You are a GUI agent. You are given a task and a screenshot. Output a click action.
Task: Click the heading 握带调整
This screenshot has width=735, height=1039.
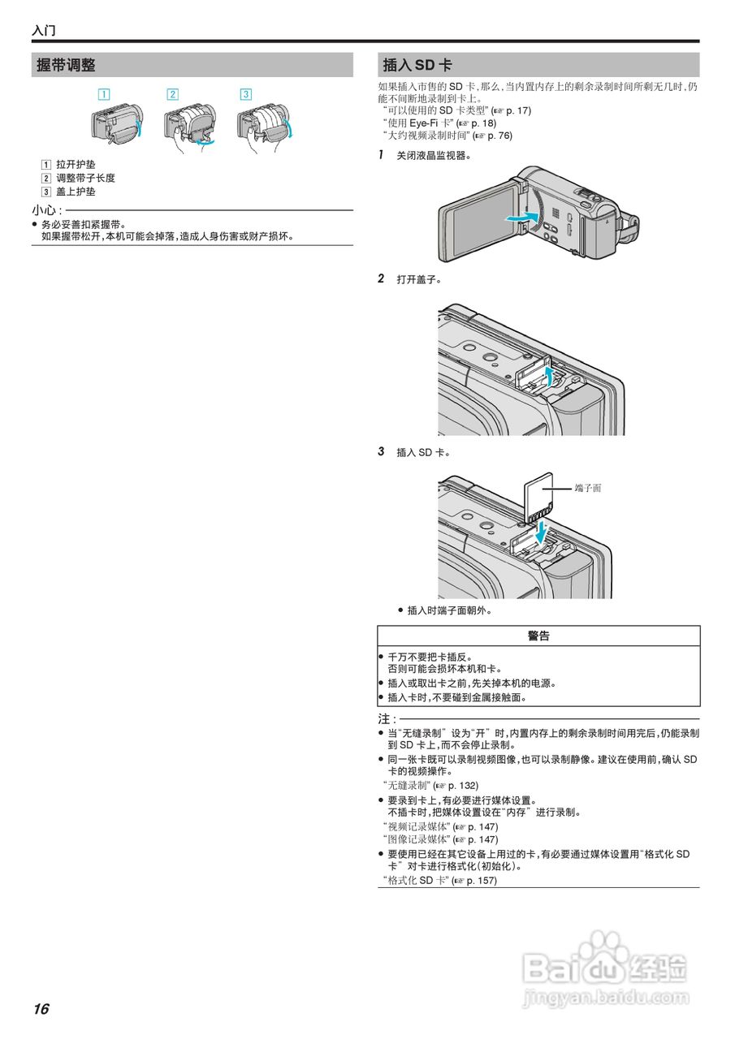point(66,65)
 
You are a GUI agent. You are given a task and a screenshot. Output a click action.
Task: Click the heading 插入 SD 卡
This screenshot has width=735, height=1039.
point(417,65)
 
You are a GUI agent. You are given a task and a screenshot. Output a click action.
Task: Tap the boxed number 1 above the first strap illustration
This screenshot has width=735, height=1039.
point(104,93)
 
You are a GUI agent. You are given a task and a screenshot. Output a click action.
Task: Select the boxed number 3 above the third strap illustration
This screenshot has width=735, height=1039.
point(245,93)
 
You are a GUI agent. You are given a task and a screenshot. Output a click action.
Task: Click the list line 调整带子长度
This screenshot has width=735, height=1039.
point(85,178)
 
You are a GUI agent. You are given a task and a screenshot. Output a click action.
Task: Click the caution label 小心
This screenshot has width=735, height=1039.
point(44,211)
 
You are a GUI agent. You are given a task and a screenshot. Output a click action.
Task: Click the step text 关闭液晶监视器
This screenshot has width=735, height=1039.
point(433,155)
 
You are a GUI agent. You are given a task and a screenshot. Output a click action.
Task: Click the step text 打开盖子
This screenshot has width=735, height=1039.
point(418,279)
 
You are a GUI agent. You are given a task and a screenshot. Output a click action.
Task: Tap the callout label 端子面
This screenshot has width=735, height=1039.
point(587,488)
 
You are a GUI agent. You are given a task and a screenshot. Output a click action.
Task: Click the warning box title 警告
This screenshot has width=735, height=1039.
point(538,636)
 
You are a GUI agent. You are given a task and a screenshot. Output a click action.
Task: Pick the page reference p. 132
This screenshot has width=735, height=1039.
point(461,786)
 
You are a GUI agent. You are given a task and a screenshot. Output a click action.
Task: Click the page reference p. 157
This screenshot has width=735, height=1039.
point(479,880)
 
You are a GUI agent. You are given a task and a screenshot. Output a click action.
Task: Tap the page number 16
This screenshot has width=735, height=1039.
point(41,1009)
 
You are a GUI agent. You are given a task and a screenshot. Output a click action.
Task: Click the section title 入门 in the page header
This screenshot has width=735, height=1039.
point(44,31)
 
